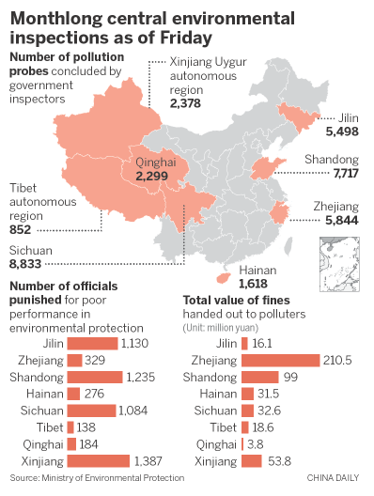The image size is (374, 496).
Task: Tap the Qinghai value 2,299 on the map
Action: (151, 175)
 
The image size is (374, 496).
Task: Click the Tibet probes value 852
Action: (21, 230)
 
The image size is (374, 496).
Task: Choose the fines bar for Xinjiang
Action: (252, 460)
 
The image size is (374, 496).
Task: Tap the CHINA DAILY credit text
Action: (335, 480)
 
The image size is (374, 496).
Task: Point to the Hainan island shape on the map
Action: (223, 278)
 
